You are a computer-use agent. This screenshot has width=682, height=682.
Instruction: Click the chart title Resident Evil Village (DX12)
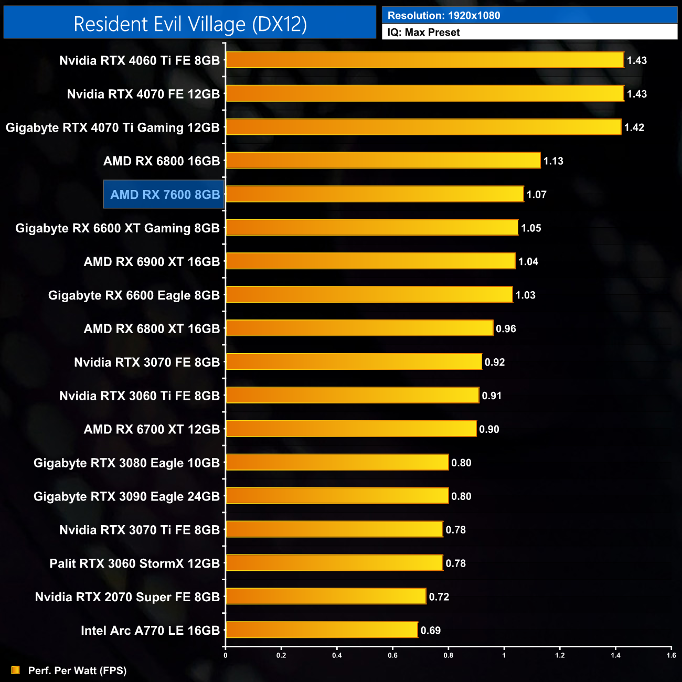[x=190, y=24]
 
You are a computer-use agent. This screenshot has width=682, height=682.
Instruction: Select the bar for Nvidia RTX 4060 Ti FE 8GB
[x=425, y=60]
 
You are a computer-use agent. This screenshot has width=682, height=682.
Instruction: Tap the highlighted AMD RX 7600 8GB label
[x=165, y=195]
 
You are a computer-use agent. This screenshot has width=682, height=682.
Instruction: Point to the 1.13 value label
[x=553, y=161]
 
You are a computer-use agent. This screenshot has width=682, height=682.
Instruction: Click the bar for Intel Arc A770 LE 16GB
[x=322, y=630]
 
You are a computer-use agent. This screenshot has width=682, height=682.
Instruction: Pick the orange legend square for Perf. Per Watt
[x=16, y=670]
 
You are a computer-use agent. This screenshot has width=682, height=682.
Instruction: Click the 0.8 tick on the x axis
[x=448, y=655]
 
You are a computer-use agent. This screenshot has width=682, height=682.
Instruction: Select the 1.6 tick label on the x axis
[x=671, y=655]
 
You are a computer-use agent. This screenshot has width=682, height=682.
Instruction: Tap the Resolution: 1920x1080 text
[x=444, y=16]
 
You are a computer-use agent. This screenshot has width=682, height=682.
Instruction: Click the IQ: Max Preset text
[x=423, y=33]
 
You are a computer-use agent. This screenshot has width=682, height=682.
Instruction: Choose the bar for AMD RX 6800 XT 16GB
[x=359, y=328]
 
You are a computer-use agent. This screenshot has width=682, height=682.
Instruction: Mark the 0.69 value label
[x=431, y=631]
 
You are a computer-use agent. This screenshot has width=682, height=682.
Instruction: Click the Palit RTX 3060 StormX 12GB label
[x=134, y=563]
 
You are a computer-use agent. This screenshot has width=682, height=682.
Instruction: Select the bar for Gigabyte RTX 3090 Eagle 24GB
[x=337, y=496]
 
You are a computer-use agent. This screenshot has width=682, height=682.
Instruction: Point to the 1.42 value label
[x=634, y=127]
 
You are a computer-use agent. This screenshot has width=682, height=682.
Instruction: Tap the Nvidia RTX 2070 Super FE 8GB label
[x=127, y=597]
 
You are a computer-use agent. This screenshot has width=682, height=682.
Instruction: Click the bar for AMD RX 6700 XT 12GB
[x=351, y=429]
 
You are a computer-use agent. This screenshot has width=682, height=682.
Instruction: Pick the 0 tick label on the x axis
[x=226, y=655]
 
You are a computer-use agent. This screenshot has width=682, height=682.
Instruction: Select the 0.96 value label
[x=506, y=329]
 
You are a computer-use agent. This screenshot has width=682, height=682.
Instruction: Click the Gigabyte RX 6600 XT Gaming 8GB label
[x=118, y=228]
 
